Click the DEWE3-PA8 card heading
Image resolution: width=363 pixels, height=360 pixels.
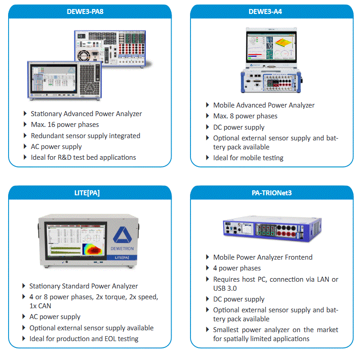point(90,11)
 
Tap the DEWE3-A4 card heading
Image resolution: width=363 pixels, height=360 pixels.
point(272,11)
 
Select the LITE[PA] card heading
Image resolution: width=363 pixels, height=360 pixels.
point(90,193)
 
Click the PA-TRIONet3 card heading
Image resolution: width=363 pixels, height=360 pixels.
point(272,193)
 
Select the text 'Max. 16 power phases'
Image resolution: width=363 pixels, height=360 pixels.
point(64,125)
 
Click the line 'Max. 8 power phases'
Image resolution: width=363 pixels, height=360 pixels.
point(245,116)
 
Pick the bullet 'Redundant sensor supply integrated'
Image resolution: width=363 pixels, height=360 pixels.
point(85,135)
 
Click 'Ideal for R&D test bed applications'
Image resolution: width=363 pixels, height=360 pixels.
point(83,157)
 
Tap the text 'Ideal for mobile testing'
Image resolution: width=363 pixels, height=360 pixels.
point(248,158)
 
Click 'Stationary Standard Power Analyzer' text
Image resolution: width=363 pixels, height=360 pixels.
point(83,286)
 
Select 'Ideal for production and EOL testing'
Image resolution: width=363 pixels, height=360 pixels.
point(84,338)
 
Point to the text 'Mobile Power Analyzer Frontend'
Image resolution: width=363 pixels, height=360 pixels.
point(263,257)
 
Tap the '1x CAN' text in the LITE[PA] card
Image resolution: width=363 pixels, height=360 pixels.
point(40,306)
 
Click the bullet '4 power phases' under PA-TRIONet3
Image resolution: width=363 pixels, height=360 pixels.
point(237,268)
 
